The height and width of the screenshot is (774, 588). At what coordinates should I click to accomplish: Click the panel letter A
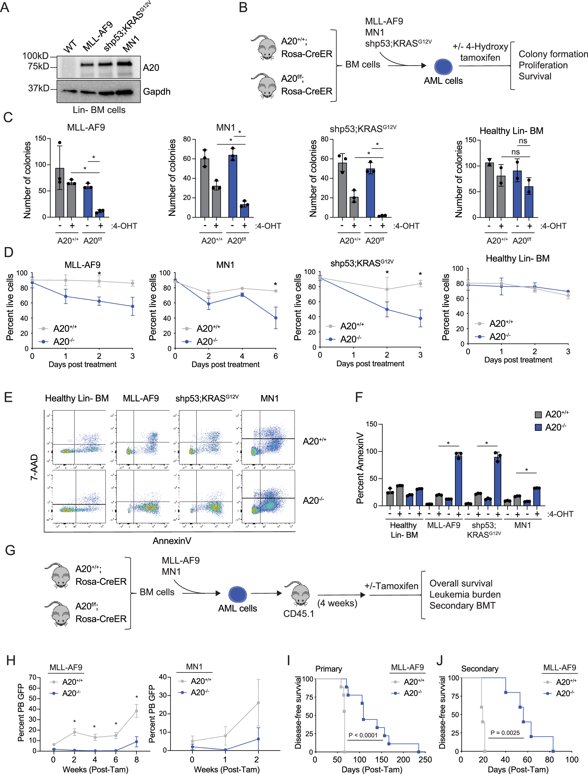5,7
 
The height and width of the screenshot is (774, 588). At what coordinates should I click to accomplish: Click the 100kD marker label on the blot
35,56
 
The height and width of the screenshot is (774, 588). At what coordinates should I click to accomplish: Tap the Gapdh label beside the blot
157,92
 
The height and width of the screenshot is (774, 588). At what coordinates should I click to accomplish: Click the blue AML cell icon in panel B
443,67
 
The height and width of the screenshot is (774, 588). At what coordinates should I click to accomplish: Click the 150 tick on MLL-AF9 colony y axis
40,138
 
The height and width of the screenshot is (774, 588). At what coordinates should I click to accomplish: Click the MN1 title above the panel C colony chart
225,128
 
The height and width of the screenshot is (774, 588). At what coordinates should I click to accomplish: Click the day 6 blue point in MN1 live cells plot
276,318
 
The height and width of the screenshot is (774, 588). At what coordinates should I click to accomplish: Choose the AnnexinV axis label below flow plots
172,541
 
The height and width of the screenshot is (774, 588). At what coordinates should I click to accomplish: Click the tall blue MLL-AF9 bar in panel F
458,480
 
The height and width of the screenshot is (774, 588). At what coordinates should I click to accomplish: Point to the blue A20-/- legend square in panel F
538,427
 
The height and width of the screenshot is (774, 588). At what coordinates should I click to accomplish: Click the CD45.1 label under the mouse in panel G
298,614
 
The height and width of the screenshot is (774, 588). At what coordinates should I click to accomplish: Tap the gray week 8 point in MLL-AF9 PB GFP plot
136,711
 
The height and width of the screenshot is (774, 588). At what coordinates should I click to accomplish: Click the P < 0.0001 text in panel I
363,735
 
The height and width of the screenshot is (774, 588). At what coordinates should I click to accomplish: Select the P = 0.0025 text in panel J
505,733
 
